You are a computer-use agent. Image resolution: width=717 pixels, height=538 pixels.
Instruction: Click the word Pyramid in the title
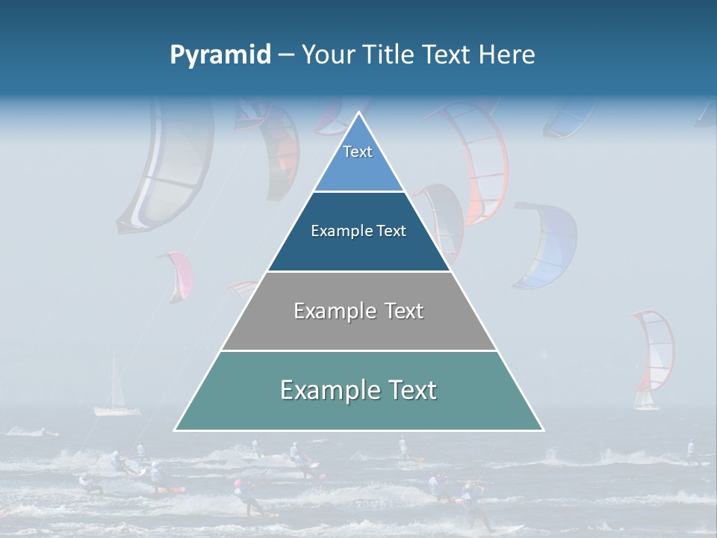tap(220, 55)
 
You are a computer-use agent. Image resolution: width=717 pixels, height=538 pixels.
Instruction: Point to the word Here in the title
tap(507, 55)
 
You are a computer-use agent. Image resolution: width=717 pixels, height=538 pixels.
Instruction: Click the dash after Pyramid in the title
tap(286, 55)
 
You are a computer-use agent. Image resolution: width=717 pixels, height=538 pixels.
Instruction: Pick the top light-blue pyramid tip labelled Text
tap(358, 161)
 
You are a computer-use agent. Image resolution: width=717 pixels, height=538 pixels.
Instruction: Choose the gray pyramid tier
tap(358, 329)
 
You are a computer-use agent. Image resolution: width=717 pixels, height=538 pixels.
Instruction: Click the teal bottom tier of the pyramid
tap(358, 411)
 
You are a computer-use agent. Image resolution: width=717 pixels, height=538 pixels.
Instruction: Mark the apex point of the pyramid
tap(358, 113)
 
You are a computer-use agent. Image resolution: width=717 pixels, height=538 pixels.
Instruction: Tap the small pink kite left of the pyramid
tap(178, 273)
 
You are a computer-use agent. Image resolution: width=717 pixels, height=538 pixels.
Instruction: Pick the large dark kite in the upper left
tap(164, 168)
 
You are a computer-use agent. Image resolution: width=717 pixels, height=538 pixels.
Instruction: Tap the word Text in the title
tap(445, 55)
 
